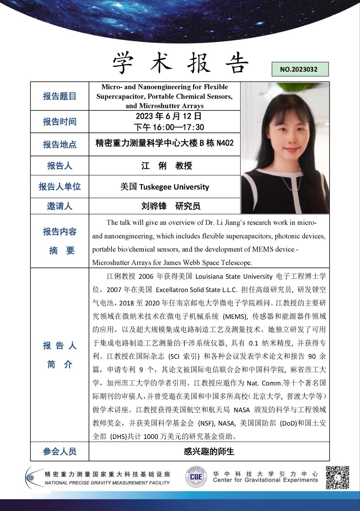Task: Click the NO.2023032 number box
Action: click(x=300, y=69)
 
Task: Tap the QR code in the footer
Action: click(x=337, y=477)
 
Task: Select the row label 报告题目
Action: click(x=59, y=96)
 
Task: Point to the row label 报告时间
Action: click(x=59, y=122)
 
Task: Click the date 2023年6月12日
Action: click(x=168, y=116)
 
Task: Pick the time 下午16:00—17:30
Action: click(x=169, y=127)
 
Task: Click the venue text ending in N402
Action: click(x=165, y=143)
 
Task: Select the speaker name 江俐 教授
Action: click(x=167, y=166)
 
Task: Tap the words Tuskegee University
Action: click(x=174, y=187)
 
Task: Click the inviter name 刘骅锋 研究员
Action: click(x=171, y=206)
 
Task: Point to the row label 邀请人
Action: click(x=59, y=206)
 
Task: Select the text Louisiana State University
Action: click(x=234, y=277)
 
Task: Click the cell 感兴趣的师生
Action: click(x=209, y=452)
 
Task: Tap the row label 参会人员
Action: click(x=59, y=452)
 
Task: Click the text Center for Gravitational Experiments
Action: click(x=265, y=480)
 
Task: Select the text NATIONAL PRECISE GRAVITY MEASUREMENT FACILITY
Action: click(x=107, y=483)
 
